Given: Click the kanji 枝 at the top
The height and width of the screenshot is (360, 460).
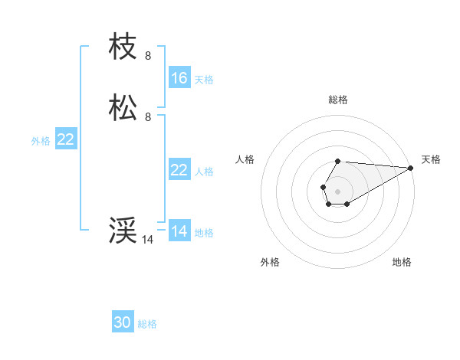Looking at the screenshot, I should click(123, 47).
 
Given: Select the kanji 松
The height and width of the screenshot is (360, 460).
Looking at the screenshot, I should click(123, 108).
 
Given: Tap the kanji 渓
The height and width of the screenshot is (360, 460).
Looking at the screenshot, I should click(123, 231).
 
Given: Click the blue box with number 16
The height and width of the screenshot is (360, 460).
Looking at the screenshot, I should click(179, 78).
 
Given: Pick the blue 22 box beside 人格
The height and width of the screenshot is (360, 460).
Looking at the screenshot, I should click(179, 170).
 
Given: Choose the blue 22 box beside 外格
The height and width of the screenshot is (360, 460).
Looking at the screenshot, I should click(65, 139).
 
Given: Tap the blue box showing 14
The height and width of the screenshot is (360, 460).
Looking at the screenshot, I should click(179, 231).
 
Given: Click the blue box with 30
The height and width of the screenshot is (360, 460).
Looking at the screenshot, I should click(123, 322).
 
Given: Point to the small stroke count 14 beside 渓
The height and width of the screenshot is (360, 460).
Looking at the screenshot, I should click(148, 240).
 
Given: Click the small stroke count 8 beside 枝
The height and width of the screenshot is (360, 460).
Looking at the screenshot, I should click(148, 56).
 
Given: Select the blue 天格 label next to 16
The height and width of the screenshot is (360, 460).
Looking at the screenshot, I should click(204, 79).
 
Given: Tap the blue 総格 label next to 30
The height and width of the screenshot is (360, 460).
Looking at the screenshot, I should click(147, 324).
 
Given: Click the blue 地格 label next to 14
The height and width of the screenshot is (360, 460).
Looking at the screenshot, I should click(204, 232).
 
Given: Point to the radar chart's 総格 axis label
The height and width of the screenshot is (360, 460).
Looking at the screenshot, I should click(338, 100).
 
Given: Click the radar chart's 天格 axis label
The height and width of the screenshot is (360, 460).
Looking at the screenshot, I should click(431, 159).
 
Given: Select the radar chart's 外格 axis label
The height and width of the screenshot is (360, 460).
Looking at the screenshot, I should click(270, 262).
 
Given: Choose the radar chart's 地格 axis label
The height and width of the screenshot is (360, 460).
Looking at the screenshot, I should click(402, 262).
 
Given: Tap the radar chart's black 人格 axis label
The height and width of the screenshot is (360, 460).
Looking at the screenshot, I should click(245, 159).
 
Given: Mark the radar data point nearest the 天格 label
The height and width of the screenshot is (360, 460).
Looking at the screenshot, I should click(411, 168).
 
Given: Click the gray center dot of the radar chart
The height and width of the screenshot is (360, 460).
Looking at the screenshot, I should click(337, 191).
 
